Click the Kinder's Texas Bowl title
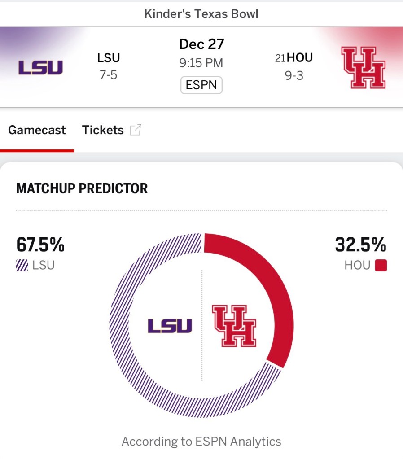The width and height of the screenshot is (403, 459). [201, 14]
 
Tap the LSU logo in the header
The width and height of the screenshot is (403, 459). [40, 67]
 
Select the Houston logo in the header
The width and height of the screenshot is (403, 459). [364, 67]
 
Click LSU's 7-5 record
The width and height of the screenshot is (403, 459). [108, 75]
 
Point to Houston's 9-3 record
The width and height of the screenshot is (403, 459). [294, 75]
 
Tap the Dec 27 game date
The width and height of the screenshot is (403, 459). [201, 44]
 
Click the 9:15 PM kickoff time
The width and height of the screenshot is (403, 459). [201, 63]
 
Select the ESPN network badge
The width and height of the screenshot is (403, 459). [201, 85]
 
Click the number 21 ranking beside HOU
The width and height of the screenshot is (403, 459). [280, 58]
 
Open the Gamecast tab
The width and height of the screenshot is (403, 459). [37, 130]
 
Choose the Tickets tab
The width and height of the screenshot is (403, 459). [103, 130]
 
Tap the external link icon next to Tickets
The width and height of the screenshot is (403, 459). [136, 130]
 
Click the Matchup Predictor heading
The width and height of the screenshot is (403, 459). [82, 188]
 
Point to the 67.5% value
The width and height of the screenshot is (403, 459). [40, 245]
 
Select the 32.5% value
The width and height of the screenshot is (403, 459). [360, 245]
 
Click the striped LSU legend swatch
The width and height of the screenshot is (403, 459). [22, 266]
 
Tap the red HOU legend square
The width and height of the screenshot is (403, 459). [381, 266]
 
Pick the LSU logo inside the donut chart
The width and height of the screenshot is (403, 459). [170, 326]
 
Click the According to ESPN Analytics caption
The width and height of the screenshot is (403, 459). [201, 442]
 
